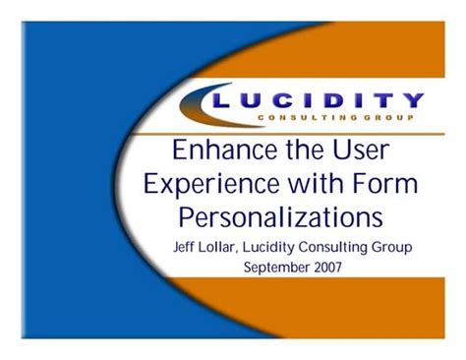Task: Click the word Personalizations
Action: click(x=280, y=215)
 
